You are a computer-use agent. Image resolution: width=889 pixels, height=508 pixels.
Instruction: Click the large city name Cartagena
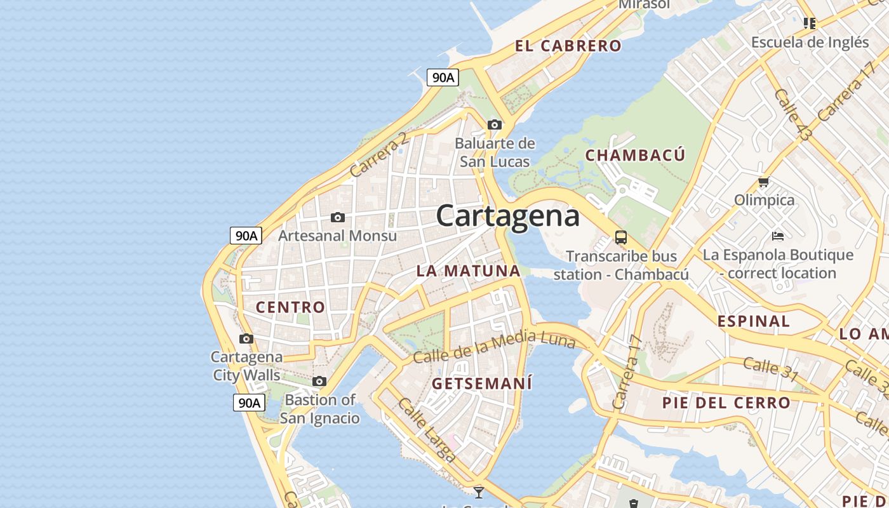pyautogui.click(x=507, y=216)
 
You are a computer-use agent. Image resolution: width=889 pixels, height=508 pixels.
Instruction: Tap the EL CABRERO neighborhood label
pyautogui.click(x=568, y=46)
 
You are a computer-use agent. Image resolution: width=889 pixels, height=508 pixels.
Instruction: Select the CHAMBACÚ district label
pyautogui.click(x=635, y=156)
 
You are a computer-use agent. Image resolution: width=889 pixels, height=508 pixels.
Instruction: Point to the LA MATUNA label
pyautogui.click(x=468, y=271)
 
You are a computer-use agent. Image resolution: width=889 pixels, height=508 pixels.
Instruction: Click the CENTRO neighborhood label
pyautogui.click(x=290, y=307)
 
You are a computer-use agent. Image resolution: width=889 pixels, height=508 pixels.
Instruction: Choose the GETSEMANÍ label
pyautogui.click(x=482, y=384)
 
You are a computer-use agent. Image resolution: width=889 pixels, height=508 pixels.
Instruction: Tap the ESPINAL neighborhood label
pyautogui.click(x=753, y=321)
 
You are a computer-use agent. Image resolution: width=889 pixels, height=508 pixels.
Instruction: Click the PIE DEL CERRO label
pyautogui.click(x=726, y=403)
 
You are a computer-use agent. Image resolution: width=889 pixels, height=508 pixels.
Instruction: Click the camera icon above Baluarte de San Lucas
pyautogui.click(x=494, y=124)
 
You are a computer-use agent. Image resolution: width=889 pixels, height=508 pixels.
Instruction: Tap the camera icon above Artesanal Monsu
pyautogui.click(x=338, y=218)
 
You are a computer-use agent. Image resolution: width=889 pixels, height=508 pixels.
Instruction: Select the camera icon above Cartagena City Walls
pyautogui.click(x=246, y=339)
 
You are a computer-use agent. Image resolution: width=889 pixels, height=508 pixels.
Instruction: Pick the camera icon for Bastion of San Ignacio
pyautogui.click(x=319, y=382)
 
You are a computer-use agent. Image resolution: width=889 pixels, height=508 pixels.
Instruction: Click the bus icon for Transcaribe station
pyautogui.click(x=621, y=238)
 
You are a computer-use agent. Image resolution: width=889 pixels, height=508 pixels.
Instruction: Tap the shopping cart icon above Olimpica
pyautogui.click(x=764, y=182)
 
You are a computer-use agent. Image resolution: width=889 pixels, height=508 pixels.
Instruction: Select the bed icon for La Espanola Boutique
pyautogui.click(x=778, y=236)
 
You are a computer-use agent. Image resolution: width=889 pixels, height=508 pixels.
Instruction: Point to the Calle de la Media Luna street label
pyautogui.click(x=494, y=347)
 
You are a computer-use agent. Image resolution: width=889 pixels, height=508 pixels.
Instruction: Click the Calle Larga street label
pyautogui.click(x=427, y=430)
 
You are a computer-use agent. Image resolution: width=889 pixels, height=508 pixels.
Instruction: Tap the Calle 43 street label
pyautogui.click(x=792, y=114)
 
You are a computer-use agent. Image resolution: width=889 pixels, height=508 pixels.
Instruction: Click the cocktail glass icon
pyautogui.click(x=479, y=491)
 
